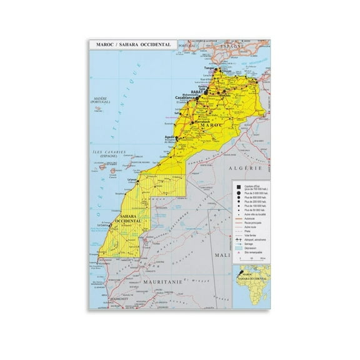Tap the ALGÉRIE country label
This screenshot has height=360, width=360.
247,169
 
